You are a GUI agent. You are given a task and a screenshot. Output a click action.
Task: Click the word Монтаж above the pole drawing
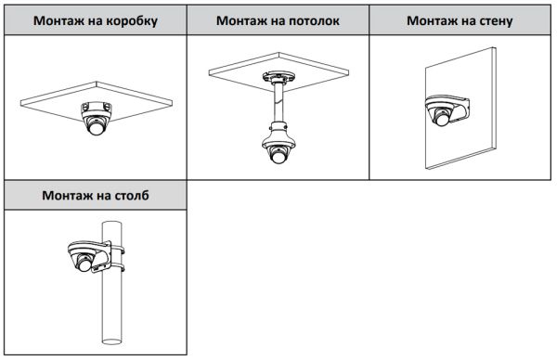click(70, 196)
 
